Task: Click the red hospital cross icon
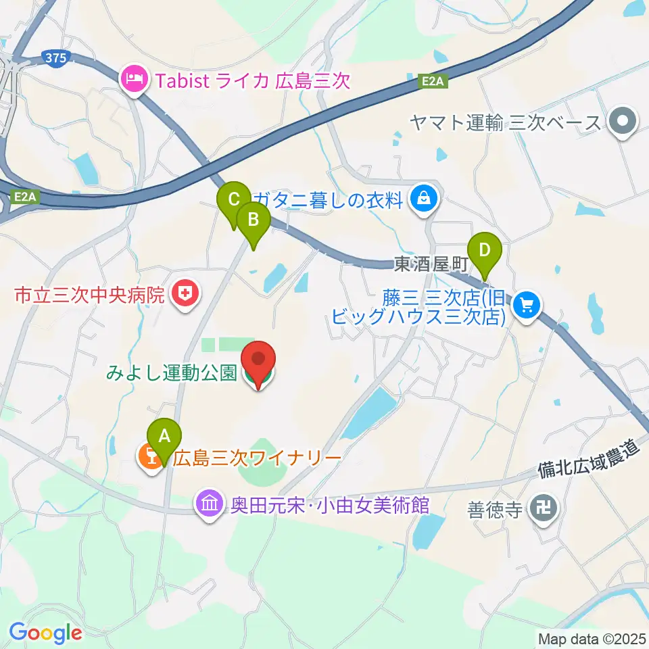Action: click(184, 294)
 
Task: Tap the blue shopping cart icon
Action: click(527, 306)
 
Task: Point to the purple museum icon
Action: click(208, 504)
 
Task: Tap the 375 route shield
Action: click(56, 59)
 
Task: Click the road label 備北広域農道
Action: click(591, 462)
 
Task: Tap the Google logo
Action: click(45, 633)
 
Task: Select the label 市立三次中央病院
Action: click(90, 295)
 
